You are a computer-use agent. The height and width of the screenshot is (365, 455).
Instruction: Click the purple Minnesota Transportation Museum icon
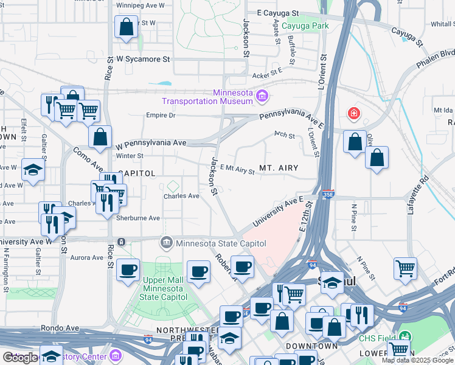(x=262, y=96)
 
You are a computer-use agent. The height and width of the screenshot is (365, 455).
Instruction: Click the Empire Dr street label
(x=161, y=115)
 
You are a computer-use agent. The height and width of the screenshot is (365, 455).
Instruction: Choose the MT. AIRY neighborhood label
(x=280, y=167)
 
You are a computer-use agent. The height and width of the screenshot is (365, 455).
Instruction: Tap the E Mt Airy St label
(x=237, y=171)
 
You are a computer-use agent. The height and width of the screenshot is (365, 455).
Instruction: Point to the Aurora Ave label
(x=87, y=258)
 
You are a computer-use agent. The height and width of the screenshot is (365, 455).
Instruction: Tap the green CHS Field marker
(x=404, y=336)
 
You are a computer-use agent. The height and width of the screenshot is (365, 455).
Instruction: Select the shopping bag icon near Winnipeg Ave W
(x=126, y=27)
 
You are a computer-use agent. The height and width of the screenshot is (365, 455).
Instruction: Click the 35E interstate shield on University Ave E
(x=328, y=193)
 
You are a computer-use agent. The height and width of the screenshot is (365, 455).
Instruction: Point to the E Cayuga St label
(x=278, y=12)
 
